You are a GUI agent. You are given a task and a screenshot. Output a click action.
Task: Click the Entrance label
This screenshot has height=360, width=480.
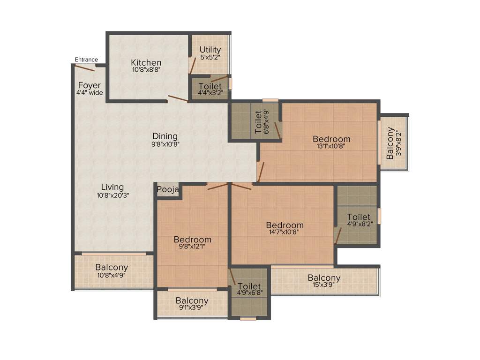click(x=86, y=60)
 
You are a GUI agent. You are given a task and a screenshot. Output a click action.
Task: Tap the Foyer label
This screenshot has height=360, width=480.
click(x=89, y=85)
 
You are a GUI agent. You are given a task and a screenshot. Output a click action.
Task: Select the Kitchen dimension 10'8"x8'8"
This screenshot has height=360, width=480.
click(x=146, y=70)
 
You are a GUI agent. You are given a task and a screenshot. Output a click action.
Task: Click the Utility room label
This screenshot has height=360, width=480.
click(x=210, y=50)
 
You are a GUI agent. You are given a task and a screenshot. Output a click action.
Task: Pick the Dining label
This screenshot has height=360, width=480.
click(x=165, y=136)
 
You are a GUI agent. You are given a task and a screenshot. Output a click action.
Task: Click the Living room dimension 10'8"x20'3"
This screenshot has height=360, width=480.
click(x=112, y=195)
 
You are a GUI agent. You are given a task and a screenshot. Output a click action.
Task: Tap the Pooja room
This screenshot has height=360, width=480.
click(x=168, y=190)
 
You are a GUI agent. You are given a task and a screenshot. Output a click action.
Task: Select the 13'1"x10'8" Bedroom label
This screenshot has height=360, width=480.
click(x=331, y=139)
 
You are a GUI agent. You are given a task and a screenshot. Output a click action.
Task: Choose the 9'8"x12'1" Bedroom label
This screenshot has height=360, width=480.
click(x=192, y=240)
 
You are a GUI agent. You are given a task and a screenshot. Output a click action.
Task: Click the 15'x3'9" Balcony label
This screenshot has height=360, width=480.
click(x=324, y=278)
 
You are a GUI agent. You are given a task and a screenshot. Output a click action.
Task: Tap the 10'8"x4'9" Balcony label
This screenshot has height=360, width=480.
click(x=112, y=268)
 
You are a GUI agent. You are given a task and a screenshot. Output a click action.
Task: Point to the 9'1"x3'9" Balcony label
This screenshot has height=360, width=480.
click(x=192, y=301)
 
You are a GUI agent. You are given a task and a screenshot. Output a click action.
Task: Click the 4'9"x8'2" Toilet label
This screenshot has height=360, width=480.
click(x=359, y=217)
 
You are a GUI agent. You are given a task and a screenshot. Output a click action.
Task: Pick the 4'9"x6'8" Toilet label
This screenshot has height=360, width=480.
click(x=249, y=286)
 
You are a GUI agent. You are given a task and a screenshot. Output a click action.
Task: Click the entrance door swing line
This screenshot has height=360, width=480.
click(x=84, y=67)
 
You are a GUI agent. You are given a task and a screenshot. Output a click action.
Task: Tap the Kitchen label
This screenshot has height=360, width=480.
click(x=146, y=63)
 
